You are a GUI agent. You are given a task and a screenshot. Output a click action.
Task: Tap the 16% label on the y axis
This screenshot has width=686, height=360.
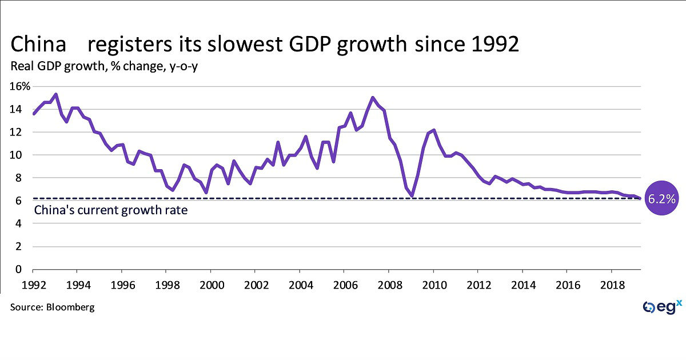pos(21,86)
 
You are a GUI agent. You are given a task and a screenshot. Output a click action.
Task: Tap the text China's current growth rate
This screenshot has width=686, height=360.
pos(111,210)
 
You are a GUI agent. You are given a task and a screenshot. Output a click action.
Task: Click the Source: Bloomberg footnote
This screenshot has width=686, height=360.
pos(52,307)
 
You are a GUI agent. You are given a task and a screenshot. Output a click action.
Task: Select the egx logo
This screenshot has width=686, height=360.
pos(661,307)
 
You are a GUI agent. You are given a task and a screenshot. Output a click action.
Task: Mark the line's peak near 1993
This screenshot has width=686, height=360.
pos(55,94)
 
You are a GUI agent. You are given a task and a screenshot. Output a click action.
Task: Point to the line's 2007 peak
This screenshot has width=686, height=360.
pos(373,98)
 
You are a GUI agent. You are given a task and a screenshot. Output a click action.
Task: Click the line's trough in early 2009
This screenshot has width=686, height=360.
pos(412,196)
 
